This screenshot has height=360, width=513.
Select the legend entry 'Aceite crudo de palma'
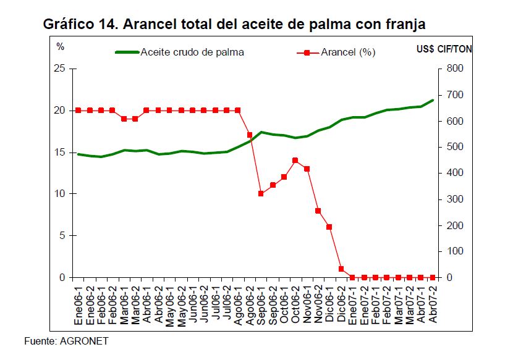click(192, 52)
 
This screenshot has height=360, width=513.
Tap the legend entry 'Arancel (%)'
click(348, 52)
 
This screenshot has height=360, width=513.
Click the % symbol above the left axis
click(60, 47)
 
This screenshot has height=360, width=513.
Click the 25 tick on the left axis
click(59, 69)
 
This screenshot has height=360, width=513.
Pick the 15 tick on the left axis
click(59, 152)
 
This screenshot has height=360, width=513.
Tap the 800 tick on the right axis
click(454, 69)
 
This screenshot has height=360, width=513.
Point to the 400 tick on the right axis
click(454, 173)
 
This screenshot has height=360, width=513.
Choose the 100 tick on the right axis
click(454, 251)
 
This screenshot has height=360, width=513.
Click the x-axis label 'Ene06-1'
click(78, 303)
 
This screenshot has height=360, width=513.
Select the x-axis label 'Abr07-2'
click(433, 303)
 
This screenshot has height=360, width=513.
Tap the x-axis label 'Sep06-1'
click(261, 303)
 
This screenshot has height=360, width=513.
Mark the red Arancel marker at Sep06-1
click(261, 194)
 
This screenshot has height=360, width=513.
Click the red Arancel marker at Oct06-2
click(295, 160)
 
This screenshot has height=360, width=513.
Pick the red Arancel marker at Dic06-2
click(341, 269)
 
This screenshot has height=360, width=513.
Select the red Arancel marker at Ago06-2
click(250, 135)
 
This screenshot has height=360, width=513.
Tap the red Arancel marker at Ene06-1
click(78, 111)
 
